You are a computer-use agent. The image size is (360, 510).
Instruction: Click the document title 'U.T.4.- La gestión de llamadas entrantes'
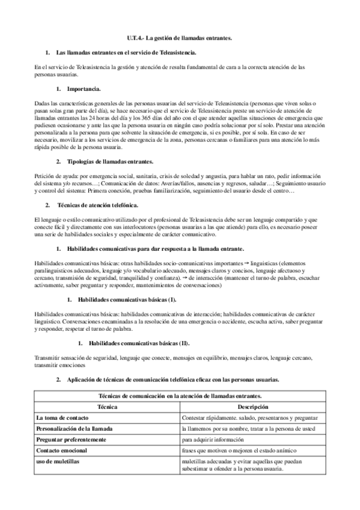click(x=180, y=38)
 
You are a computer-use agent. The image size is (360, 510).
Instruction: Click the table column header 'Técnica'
click(x=107, y=407)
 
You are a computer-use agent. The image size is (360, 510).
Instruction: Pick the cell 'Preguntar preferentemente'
click(x=71, y=440)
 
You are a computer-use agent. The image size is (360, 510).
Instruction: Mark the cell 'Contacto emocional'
click(x=62, y=450)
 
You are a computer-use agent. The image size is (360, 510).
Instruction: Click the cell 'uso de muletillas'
click(x=58, y=461)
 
